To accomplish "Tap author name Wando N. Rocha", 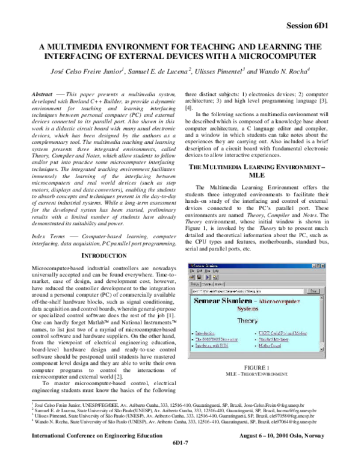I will [280, 72].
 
